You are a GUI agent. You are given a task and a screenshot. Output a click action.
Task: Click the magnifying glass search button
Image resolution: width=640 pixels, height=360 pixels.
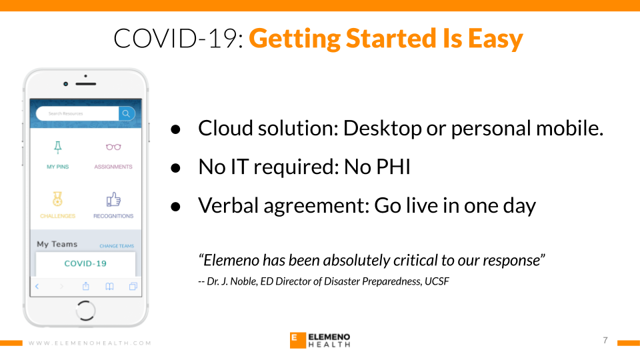point(127,113)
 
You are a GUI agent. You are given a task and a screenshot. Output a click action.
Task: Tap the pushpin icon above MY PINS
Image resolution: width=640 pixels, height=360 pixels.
point(58,147)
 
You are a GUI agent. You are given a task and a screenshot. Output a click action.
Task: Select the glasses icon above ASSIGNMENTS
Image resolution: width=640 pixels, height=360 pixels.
point(113,147)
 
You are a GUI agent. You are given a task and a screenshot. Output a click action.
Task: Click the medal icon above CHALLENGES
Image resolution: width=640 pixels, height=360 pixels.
point(57,199)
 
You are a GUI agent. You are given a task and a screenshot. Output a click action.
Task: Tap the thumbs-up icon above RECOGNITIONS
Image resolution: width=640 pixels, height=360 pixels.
point(113,199)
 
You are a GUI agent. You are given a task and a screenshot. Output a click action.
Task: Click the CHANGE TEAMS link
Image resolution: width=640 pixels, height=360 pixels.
point(117,246)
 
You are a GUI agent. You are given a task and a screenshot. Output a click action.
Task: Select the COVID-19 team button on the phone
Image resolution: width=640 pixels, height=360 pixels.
point(85,264)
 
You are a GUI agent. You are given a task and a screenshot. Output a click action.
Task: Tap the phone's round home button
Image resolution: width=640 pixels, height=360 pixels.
point(86,311)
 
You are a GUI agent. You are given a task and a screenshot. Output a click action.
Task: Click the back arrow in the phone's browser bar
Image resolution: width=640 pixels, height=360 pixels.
point(37,286)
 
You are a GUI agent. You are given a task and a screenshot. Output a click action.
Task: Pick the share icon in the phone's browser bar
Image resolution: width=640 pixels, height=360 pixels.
point(86,286)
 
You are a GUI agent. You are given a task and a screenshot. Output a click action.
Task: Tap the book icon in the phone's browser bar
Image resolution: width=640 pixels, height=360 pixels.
point(109,286)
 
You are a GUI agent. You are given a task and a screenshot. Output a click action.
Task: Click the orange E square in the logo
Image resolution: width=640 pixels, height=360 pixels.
point(298,341)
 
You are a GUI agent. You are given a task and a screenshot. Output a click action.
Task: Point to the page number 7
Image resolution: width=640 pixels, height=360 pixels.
point(605,341)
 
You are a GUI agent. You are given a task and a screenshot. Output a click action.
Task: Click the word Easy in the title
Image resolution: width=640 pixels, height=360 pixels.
point(495,39)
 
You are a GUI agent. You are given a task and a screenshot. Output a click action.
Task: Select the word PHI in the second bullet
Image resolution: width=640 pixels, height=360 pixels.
point(393,167)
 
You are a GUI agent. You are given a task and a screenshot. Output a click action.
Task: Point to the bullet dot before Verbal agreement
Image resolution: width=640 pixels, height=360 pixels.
point(175,207)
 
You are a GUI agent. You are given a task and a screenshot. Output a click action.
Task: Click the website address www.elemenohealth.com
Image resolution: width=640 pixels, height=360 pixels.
point(90,343)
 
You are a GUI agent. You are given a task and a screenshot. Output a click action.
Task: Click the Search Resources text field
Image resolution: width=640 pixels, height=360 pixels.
point(77,113)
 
